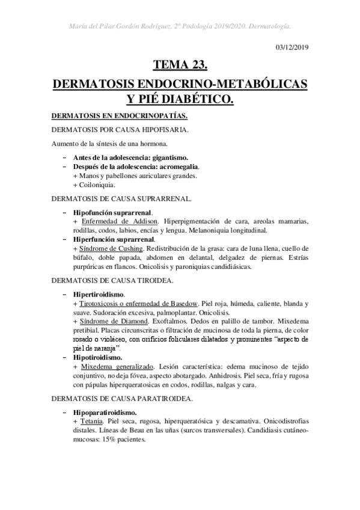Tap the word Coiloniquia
[x=96, y=185]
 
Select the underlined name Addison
[x=148, y=221]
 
